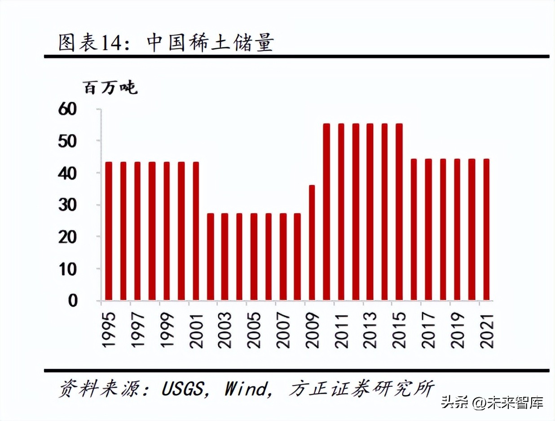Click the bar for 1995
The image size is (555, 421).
tap(108, 231)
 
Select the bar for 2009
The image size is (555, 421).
tap(312, 242)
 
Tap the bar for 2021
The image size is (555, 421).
tap(486, 229)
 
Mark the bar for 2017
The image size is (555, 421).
tap(428, 229)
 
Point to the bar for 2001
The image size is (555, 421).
tap(195, 231)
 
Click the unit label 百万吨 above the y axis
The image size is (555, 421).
tap(110, 88)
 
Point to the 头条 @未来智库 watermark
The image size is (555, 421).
tap(492, 402)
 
